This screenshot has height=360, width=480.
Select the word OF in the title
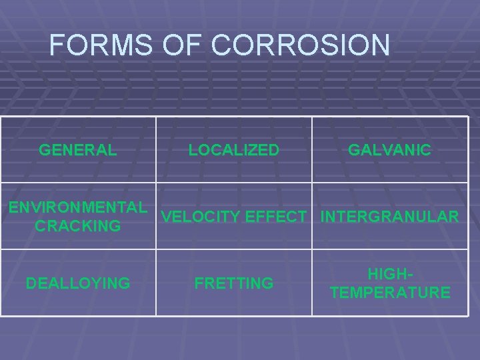click(185, 45)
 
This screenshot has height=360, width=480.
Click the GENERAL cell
click(78, 150)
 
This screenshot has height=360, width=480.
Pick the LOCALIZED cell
click(234, 150)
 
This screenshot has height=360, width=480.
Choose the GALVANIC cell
click(389, 150)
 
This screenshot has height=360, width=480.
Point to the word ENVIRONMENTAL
click(78, 207)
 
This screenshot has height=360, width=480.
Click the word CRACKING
click(78, 226)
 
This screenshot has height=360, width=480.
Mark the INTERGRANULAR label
click(389, 217)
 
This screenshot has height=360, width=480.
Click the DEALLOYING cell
click(78, 283)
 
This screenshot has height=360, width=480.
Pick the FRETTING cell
click(234, 283)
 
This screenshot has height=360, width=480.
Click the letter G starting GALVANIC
click(354, 150)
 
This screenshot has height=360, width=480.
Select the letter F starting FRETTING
click(199, 283)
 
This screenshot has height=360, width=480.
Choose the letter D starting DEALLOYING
click(31, 283)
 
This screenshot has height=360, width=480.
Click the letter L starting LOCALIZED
click(193, 150)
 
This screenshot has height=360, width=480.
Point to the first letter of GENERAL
click(45, 150)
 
